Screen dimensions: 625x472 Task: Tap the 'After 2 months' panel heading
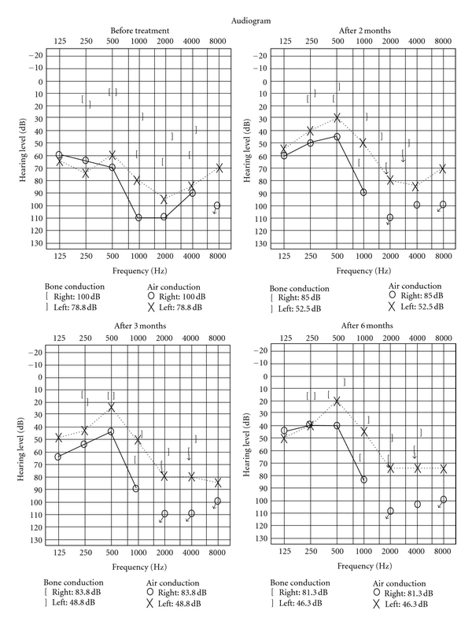click(x=350, y=29)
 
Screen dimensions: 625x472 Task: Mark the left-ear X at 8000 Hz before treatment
click(x=219, y=168)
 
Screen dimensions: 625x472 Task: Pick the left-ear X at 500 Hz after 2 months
click(x=337, y=117)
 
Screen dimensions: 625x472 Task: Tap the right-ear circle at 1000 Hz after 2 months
click(x=363, y=192)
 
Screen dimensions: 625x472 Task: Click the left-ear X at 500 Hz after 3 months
click(x=112, y=407)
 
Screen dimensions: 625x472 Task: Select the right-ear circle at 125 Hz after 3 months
click(x=58, y=457)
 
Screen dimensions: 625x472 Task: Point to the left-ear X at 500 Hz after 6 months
click(x=337, y=401)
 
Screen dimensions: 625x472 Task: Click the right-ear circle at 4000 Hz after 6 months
click(x=417, y=505)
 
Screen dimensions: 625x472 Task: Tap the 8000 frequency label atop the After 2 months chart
click(x=444, y=40)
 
